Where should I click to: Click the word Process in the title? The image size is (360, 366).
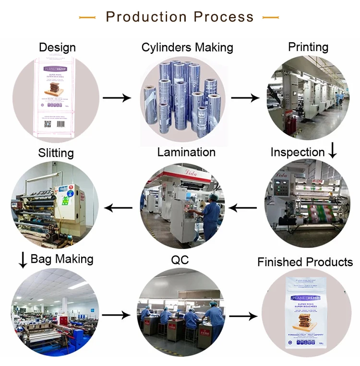[224, 17]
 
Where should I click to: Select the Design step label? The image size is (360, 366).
[57, 47]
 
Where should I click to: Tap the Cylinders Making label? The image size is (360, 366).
[187, 47]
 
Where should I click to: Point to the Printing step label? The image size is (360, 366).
[308, 47]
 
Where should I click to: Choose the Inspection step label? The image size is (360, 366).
[298, 152]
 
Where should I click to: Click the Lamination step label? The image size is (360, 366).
[186, 152]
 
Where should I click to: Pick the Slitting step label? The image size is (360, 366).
[56, 153]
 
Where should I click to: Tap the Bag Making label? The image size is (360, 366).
[62, 259]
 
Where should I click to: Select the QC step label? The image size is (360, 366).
[180, 260]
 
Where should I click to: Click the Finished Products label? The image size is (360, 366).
[305, 262]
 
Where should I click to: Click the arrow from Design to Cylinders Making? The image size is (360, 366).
[117, 98]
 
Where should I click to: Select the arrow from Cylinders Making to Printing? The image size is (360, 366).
[245, 98]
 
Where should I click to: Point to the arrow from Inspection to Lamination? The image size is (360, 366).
[243, 208]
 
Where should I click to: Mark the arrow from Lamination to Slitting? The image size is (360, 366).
[119, 208]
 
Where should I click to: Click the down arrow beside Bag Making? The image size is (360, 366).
[23, 260]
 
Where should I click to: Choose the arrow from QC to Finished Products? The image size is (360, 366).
[243, 317]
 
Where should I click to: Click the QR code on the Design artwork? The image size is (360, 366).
[47, 123]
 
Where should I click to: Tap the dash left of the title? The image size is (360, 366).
[87, 17]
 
